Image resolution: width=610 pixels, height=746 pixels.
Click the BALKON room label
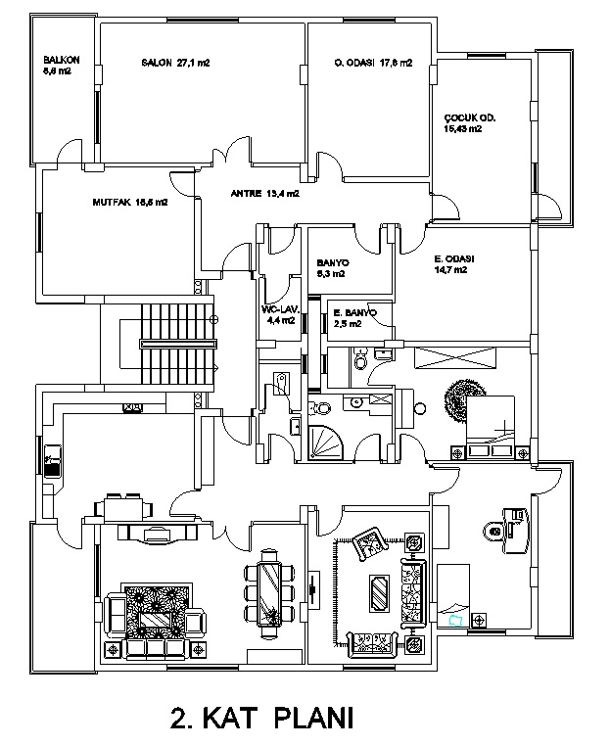(54, 66)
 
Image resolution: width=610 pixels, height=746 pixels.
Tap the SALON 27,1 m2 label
(175, 63)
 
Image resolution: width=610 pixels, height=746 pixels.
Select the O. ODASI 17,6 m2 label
(372, 63)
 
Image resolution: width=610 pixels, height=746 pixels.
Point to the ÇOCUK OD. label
(470, 122)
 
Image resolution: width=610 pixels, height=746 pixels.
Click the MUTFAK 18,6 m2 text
(129, 204)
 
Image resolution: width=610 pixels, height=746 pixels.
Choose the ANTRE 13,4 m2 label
(264, 194)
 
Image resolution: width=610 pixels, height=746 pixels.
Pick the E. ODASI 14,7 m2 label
(454, 264)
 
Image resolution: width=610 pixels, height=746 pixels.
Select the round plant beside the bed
(459, 399)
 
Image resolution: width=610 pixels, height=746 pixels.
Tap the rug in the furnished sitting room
(376, 592)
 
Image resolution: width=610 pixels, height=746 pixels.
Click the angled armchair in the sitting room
(368, 541)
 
